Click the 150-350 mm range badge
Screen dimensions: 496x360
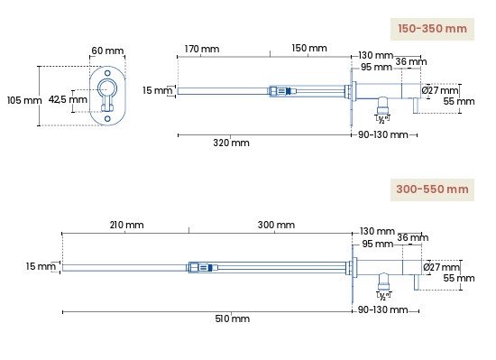[x=432, y=29]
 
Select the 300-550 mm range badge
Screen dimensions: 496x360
[x=432, y=189]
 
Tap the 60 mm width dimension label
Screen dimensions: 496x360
[x=107, y=51]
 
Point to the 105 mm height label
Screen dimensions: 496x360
[x=24, y=100]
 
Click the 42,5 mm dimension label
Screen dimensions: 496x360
[x=68, y=99]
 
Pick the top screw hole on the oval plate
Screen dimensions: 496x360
[x=107, y=73]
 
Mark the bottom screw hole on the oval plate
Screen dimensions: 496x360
[x=107, y=118]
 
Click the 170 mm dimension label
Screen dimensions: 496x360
[x=202, y=49]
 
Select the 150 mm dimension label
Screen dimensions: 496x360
[x=309, y=48]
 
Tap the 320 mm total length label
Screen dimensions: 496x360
[x=231, y=143]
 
